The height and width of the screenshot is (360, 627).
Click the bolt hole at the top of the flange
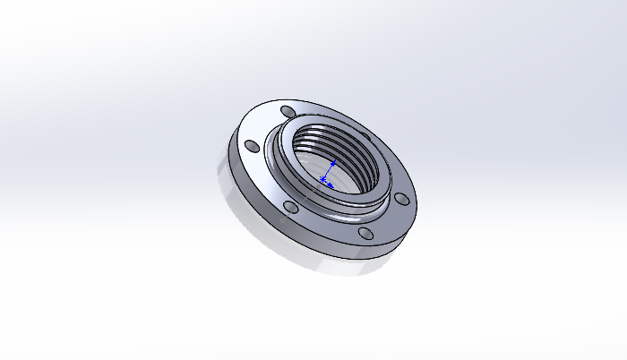point(286,111)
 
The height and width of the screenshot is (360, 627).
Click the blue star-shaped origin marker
point(322,180)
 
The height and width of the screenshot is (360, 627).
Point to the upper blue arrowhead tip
point(333,163)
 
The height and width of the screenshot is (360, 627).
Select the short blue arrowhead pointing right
point(331,185)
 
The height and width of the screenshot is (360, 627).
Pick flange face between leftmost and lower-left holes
point(261,180)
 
